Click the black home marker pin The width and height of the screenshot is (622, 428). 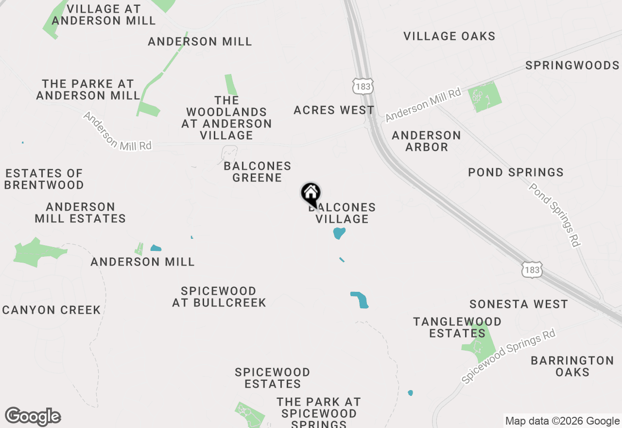pos(311,194)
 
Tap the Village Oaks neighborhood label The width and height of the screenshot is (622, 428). pos(449,36)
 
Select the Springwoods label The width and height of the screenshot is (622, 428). pos(572,65)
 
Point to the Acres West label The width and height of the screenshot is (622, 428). pos(334,110)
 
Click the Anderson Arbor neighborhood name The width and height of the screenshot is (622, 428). pos(426,141)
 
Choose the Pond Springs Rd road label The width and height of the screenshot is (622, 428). pos(554,214)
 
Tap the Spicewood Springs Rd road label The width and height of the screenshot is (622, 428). pos(508,357)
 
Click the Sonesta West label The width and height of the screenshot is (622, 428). pos(518,304)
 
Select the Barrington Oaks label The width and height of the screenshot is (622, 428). pos(572,366)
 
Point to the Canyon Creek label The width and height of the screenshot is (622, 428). pos(52,310)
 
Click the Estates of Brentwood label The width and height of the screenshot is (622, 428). pos(44,179)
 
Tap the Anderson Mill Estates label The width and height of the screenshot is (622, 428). pos(80,213)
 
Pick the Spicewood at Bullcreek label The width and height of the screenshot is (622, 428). pos(219,297)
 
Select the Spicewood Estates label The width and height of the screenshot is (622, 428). pos(272,378)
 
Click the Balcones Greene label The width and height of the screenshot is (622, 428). pos(258,172)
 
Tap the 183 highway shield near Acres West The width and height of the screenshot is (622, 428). pos(363,86)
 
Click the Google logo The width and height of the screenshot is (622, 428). pos(33,417)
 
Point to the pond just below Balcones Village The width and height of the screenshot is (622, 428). pos(339,233)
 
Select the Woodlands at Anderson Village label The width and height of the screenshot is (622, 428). pos(226,118)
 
